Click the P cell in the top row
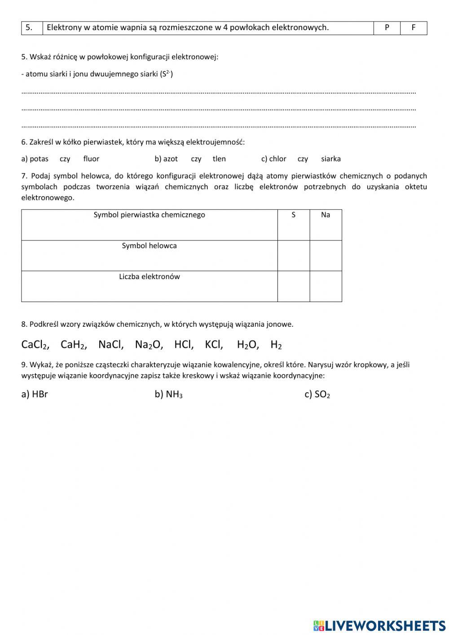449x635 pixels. (x=387, y=28)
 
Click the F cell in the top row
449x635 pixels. (x=414, y=28)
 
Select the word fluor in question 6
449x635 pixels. (x=91, y=159)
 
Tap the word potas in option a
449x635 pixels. (x=39, y=159)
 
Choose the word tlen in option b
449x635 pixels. (x=219, y=159)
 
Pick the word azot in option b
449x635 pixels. (x=171, y=159)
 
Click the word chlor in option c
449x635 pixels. (x=277, y=159)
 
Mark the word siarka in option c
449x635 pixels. (x=331, y=159)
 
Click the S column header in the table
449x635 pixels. (x=294, y=215)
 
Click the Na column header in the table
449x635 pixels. (x=326, y=215)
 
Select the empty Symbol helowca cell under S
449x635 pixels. (x=294, y=256)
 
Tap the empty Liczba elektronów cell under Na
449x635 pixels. (x=326, y=286)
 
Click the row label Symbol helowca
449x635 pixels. (x=150, y=246)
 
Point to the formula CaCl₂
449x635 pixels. (x=35, y=345)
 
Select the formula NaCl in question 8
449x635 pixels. (x=110, y=345)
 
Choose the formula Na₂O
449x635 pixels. (x=149, y=345)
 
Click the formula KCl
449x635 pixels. (x=214, y=345)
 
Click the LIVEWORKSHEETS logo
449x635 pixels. (x=379, y=626)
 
